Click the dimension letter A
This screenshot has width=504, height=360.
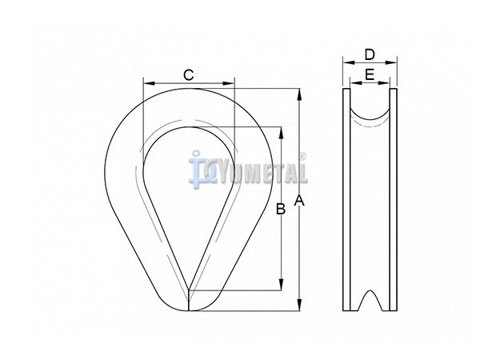pos(299,201)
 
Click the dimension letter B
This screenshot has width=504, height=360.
pos(281,209)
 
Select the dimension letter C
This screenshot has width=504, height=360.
pos(188,75)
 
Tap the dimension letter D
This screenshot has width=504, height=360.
pos(370,54)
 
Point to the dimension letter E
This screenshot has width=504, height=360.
pos(370,74)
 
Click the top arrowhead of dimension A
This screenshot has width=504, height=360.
pos(299,94)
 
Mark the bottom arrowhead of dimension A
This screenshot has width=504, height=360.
pos(299,305)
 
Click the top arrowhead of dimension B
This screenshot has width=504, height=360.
pos(282,133)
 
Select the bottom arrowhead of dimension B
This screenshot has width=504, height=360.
pos(282,285)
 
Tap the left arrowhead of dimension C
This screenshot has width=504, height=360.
pos(150,83)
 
